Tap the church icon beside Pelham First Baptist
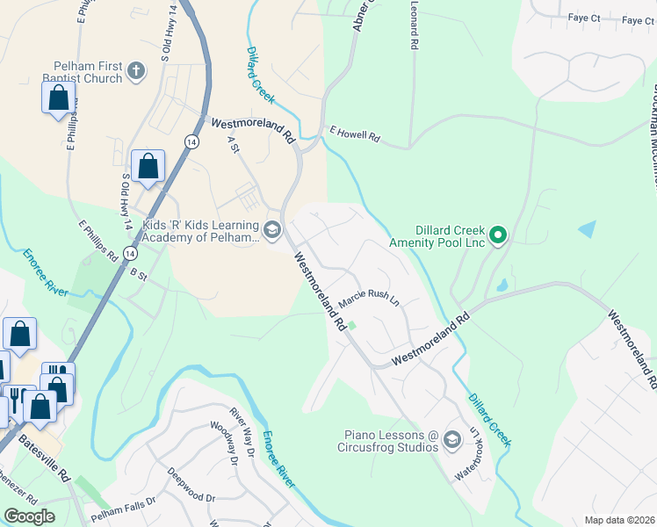136,71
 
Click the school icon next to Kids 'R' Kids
272,231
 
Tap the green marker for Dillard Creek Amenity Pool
497,235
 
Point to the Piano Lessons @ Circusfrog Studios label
391,441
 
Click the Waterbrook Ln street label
466,453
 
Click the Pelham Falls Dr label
123,500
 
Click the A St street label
234,143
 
